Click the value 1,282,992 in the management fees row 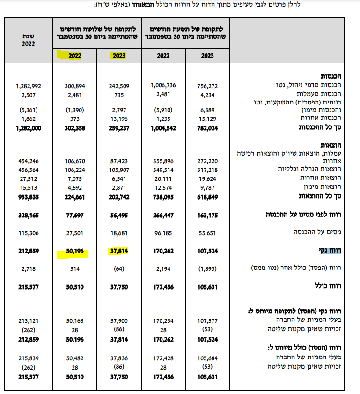pos(29,86)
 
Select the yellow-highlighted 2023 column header pos(118,56)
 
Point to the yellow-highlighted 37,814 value pos(118,252)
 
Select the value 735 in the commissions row pos(123,95)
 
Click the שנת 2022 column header pos(29,40)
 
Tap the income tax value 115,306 pos(29,232)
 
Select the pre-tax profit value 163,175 pos(206,216)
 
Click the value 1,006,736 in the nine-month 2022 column pos(163,86)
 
